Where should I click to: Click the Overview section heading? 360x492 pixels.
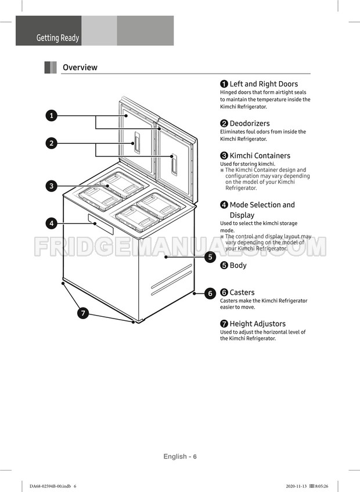pyautogui.click(x=80, y=67)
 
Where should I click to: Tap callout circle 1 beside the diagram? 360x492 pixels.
pyautogui.click(x=52, y=115)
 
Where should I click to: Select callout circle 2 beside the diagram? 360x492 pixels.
pyautogui.click(x=52, y=143)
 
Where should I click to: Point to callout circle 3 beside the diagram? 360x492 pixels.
pyautogui.click(x=52, y=186)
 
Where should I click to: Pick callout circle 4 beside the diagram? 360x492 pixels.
pyautogui.click(x=52, y=223)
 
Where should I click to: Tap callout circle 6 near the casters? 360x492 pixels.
pyautogui.click(x=210, y=294)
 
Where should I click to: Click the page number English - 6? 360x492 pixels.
pyautogui.click(x=180, y=457)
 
